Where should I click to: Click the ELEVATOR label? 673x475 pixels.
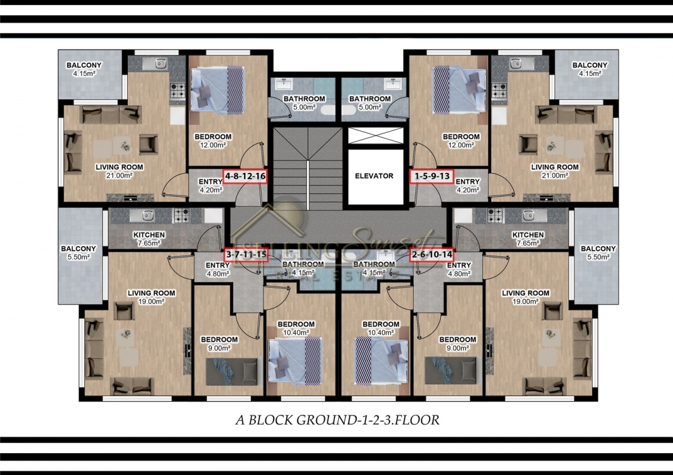point(374,176)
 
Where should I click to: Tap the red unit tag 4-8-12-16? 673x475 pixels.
point(245,176)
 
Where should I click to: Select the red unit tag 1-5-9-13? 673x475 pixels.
point(432,176)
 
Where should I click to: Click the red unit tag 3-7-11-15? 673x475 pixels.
point(246,255)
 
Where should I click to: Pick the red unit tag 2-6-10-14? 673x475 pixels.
point(432,255)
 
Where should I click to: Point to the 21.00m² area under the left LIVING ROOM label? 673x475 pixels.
point(119,175)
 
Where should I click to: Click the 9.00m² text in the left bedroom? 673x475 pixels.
point(219,348)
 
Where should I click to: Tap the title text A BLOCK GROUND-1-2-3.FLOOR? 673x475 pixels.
point(338,420)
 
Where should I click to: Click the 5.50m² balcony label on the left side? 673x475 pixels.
point(79,257)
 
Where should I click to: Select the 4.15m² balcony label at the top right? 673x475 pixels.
point(590,73)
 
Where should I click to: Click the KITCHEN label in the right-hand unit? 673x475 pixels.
point(528,235)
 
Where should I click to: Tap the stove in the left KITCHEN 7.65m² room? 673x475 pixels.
point(181,216)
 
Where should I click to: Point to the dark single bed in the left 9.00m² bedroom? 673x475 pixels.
point(232,371)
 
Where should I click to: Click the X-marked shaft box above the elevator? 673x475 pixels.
point(376,136)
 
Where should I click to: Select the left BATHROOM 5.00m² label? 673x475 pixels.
point(304,103)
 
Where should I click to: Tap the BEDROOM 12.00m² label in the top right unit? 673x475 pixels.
point(461,141)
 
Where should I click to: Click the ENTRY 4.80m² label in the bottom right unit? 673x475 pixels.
point(459,269)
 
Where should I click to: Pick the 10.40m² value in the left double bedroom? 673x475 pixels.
point(296,333)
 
